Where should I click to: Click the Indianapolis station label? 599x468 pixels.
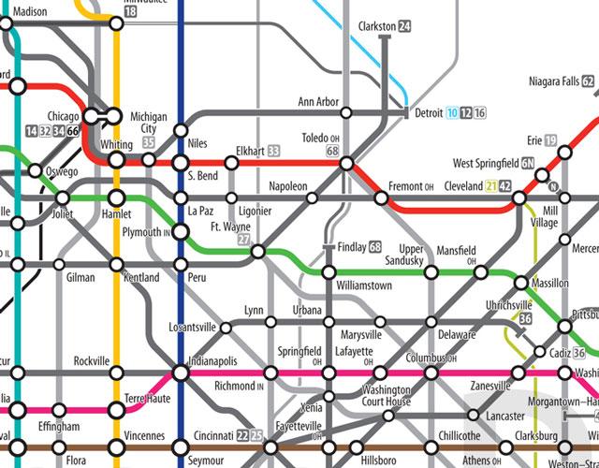(x=213, y=360)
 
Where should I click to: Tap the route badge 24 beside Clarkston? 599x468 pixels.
(x=404, y=26)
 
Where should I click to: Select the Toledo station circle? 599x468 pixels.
(x=346, y=164)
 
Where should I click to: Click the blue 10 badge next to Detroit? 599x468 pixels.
(x=452, y=113)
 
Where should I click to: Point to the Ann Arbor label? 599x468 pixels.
(x=319, y=101)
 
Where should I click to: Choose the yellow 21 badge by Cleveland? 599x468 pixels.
(x=492, y=185)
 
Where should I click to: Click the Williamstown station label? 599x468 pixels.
(x=364, y=285)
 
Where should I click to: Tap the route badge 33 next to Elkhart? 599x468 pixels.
(x=274, y=150)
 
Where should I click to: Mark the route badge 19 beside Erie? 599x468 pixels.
(x=551, y=140)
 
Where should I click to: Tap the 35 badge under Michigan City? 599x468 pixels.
(x=149, y=142)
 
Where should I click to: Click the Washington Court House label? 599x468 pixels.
(x=386, y=395)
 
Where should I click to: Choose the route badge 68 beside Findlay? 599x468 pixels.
(x=375, y=247)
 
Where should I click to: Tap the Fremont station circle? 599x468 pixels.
(x=381, y=198)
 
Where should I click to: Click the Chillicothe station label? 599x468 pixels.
(x=459, y=436)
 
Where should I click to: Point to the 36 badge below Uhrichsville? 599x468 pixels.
(x=525, y=319)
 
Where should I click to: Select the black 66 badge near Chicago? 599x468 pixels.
(x=72, y=130)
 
